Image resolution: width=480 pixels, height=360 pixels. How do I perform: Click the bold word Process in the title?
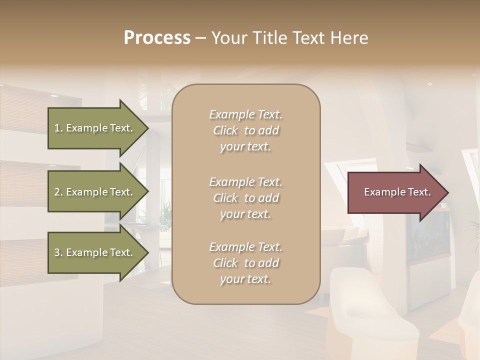(157, 38)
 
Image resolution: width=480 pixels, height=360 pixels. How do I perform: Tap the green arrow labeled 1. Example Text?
(95, 128)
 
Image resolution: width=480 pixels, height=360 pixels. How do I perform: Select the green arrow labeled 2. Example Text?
(95, 192)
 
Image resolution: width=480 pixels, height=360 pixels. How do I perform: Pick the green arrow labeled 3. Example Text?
(95, 253)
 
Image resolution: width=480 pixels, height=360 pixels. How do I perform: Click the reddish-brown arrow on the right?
(395, 192)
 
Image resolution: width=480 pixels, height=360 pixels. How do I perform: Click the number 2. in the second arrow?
(58, 192)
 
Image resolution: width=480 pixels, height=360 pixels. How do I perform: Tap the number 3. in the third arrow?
(58, 253)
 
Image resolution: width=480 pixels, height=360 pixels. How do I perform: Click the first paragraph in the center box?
(245, 130)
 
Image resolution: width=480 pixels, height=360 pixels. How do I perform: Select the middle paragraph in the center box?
(245, 198)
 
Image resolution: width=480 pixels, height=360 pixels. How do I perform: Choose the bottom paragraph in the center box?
(245, 263)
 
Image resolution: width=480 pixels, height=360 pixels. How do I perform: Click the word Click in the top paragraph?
(225, 130)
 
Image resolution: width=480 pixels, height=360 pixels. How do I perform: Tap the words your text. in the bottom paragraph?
(245, 279)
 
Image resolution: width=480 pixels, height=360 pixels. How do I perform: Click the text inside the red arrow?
(397, 192)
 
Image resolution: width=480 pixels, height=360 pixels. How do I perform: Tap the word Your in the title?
(228, 38)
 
